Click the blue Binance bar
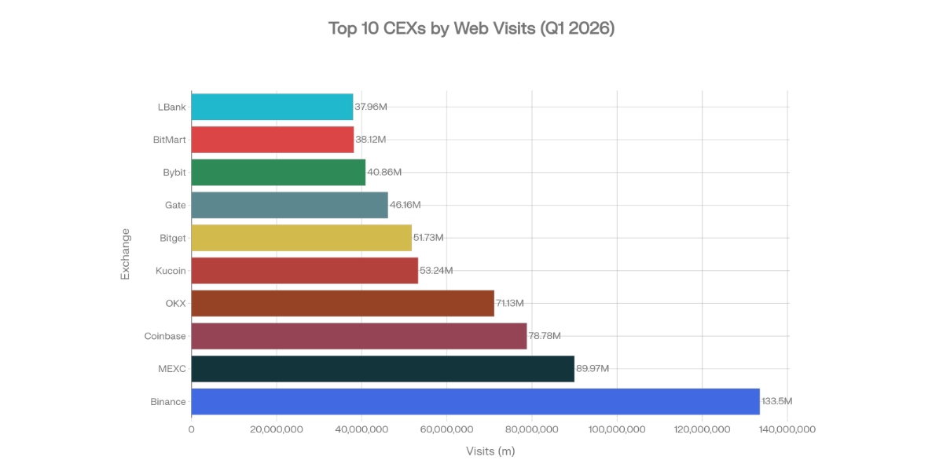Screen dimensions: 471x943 [x=475, y=401]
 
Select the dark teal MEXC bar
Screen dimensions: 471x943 [x=382, y=369]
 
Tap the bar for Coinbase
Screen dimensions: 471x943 [x=358, y=336]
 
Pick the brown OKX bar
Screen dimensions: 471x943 [x=342, y=303]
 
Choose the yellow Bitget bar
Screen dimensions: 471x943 [x=301, y=238]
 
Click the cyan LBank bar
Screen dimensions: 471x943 [x=272, y=107]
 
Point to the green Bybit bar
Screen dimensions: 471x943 [x=278, y=172]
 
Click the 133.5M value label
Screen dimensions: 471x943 [x=776, y=401]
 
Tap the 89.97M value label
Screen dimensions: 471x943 [x=593, y=369]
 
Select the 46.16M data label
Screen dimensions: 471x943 [x=405, y=205]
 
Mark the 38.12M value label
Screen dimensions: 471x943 [x=371, y=140]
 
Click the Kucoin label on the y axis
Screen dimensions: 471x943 [x=171, y=271]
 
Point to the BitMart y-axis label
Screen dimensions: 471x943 [x=170, y=140]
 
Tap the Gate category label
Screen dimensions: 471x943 [x=175, y=205]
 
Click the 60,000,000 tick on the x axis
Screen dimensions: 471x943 [x=446, y=429]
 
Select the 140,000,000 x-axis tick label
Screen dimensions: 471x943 [x=787, y=429]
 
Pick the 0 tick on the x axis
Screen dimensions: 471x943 [x=191, y=429]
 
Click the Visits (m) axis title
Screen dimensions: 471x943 [x=490, y=451]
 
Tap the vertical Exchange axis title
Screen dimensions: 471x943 [x=125, y=254]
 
